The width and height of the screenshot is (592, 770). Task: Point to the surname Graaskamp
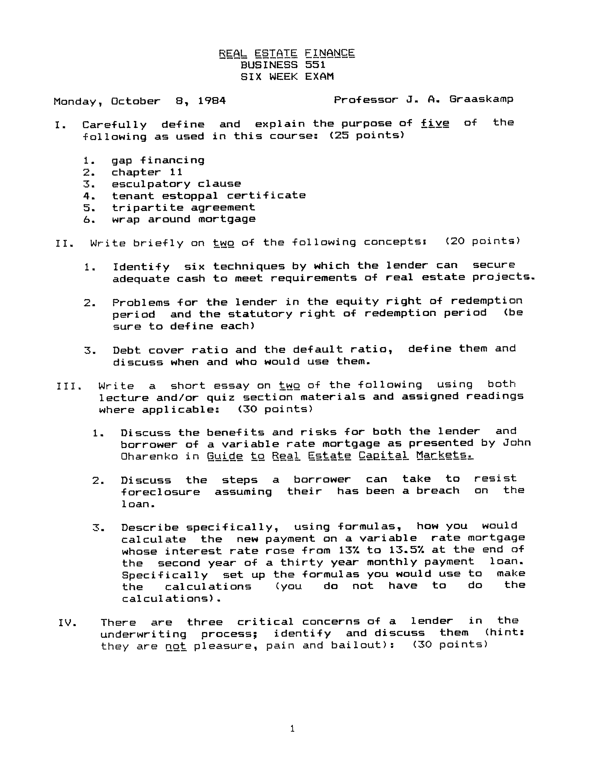click(x=481, y=100)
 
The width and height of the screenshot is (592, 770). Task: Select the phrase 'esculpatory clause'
click(x=176, y=184)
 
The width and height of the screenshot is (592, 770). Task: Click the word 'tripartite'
click(x=148, y=208)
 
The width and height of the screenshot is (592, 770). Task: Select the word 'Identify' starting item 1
click(x=141, y=267)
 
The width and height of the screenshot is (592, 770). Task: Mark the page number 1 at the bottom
click(x=292, y=729)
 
